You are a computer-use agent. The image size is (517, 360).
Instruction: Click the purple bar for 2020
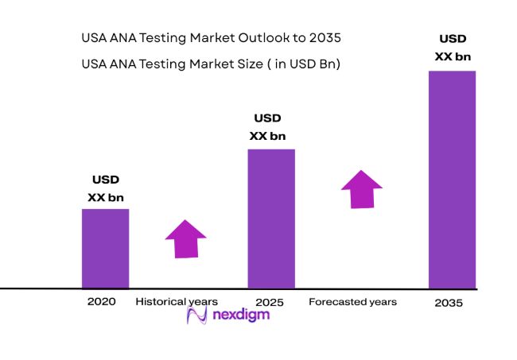105,248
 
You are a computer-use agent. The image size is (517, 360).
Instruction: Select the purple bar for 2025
271,219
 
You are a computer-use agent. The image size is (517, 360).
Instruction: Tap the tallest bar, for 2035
452,180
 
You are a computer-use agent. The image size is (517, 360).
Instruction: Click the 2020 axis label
102,301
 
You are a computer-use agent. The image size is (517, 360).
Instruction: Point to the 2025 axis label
270,302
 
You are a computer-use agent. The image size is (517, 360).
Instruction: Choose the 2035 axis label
449,304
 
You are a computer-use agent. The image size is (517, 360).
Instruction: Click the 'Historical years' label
177,301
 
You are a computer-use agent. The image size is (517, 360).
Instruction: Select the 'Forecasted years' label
352,302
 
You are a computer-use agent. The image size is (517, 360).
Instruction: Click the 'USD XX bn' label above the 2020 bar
105,188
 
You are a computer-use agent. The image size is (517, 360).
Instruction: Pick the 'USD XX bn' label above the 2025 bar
267,127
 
